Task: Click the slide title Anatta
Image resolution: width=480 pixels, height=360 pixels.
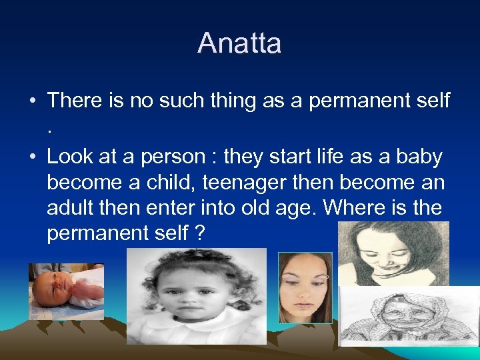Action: [x=239, y=43]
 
